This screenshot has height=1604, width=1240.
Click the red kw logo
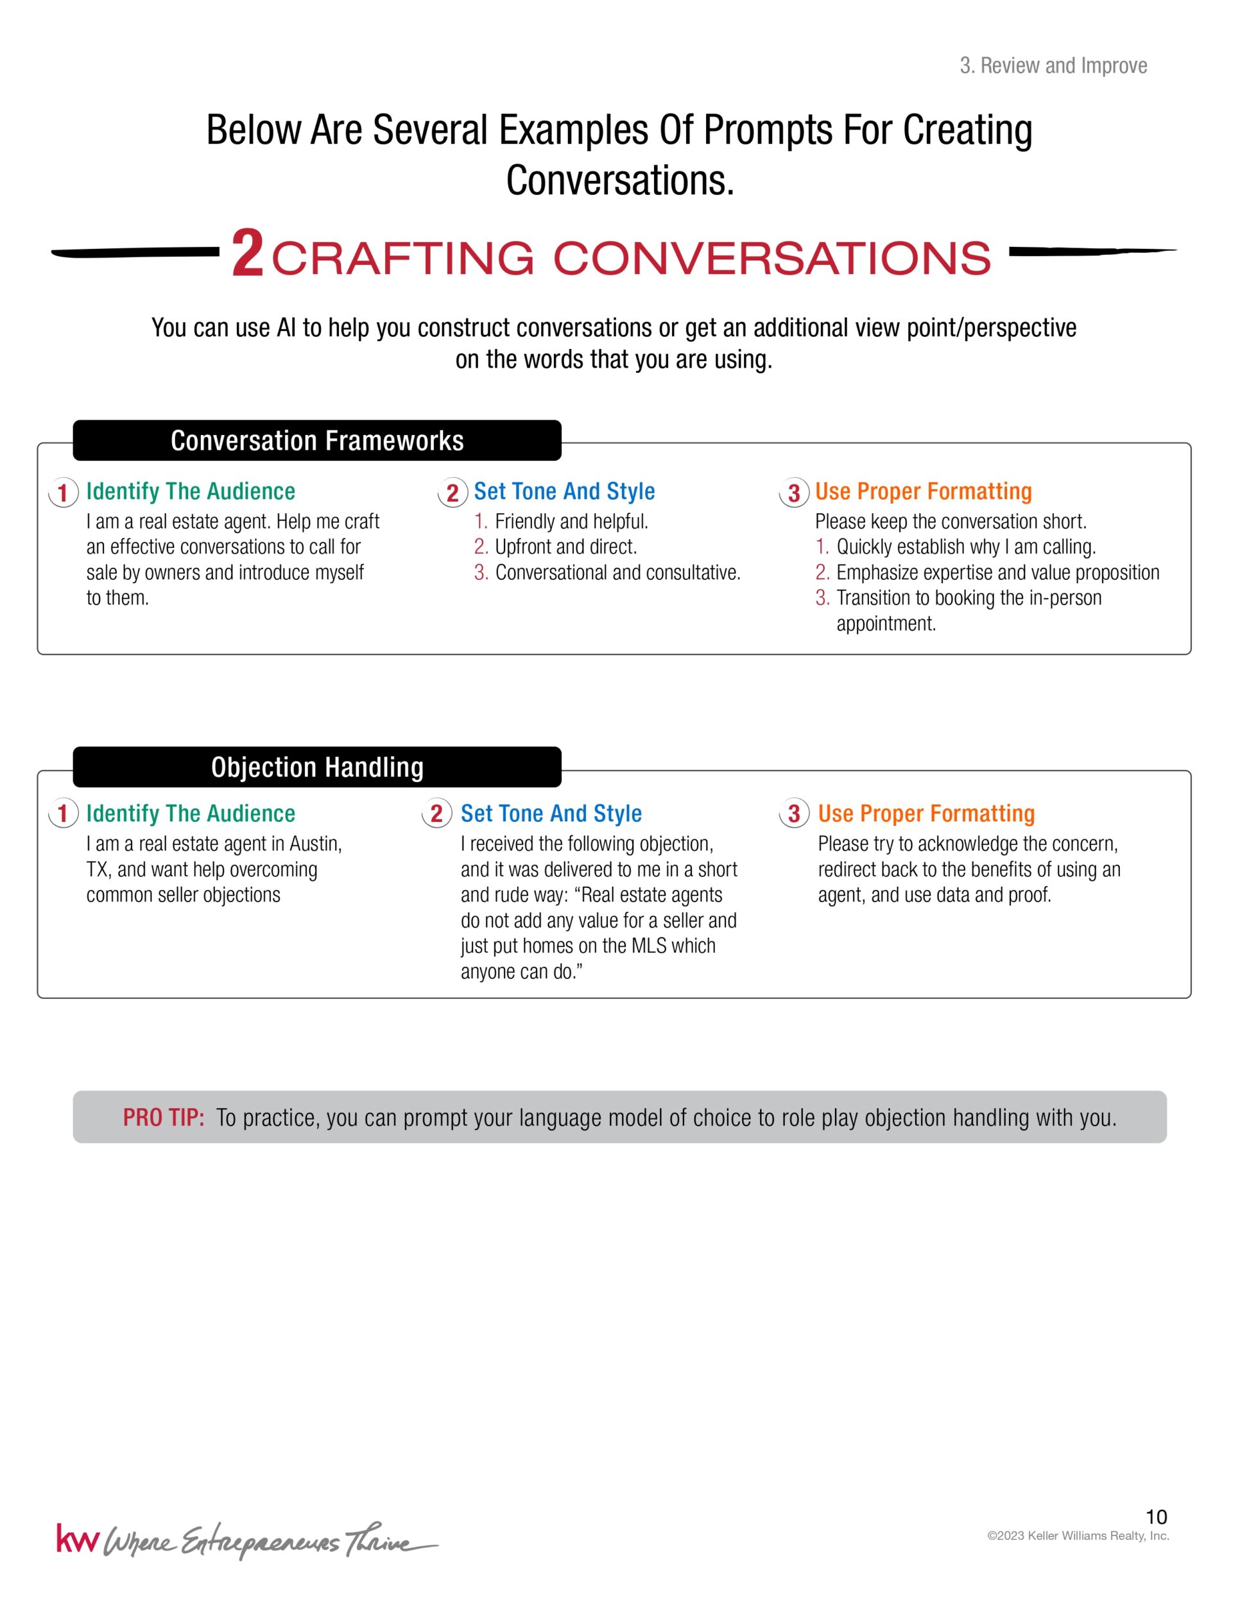point(76,1539)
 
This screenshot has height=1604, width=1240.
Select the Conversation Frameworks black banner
point(316,441)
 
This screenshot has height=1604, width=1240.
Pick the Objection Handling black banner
point(316,767)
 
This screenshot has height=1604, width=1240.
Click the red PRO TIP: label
point(163,1117)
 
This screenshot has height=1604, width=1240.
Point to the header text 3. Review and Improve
point(1053,66)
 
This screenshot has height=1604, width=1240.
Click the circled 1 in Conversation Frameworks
point(63,492)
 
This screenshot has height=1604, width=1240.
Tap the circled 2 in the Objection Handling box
point(436,814)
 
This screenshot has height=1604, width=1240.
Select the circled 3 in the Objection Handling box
point(794,814)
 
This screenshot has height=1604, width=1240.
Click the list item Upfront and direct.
point(565,547)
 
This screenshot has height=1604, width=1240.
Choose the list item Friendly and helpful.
point(571,522)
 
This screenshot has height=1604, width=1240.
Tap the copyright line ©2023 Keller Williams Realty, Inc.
point(1078,1536)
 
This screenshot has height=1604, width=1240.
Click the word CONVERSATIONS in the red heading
point(771,259)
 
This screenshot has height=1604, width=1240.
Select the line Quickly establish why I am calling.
point(965,547)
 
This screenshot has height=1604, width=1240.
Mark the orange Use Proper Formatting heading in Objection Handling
point(926,814)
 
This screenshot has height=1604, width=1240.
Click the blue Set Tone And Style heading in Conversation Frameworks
point(564,491)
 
